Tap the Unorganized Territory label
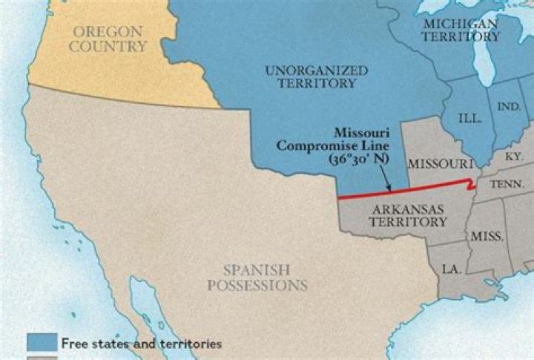316,76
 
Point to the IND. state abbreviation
508,107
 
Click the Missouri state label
441,163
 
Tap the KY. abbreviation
512,157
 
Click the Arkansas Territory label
409,215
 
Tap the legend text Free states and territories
141,344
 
